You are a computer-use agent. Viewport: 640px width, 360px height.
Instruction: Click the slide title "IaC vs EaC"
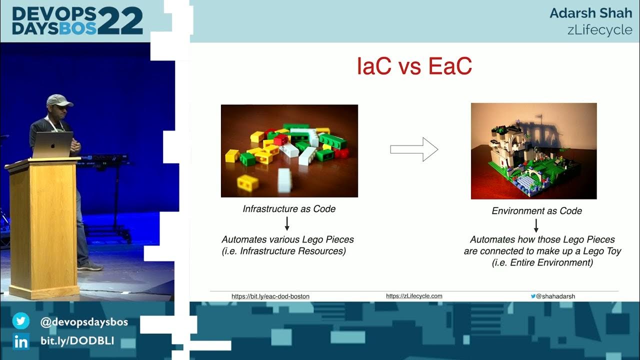pyautogui.click(x=414, y=67)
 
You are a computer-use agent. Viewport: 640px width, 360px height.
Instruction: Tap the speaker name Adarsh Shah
pyautogui.click(x=590, y=13)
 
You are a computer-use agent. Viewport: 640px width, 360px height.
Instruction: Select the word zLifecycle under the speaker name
pyautogui.click(x=599, y=29)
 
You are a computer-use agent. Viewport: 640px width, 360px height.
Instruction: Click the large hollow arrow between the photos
pyautogui.click(x=414, y=149)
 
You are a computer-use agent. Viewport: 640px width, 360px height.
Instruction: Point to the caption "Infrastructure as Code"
pyautogui.click(x=289, y=209)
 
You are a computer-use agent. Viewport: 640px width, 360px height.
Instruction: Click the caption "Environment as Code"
pyautogui.click(x=536, y=211)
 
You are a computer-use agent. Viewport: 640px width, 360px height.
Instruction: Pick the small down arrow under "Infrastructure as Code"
pyautogui.click(x=287, y=223)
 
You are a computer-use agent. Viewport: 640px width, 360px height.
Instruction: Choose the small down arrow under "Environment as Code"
pyautogui.click(x=536, y=225)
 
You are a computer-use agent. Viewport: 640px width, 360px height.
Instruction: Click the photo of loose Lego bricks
pyautogui.click(x=289, y=150)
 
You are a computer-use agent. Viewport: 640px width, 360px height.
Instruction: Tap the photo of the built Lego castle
pyautogui.click(x=533, y=151)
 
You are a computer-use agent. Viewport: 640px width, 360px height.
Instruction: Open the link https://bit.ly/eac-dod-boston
pyautogui.click(x=270, y=296)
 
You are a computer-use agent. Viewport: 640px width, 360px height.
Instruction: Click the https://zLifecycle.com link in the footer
pyautogui.click(x=414, y=296)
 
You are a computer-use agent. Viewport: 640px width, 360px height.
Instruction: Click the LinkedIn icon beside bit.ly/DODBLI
pyautogui.click(x=21, y=341)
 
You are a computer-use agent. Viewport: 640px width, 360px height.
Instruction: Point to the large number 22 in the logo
pyautogui.click(x=120, y=21)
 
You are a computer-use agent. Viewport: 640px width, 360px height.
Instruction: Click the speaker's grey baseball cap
pyautogui.click(x=59, y=100)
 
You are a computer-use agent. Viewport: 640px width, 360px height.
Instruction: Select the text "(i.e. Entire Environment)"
pyautogui.click(x=542, y=263)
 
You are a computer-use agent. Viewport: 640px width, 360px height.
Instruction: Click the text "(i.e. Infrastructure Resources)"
pyautogui.click(x=283, y=251)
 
